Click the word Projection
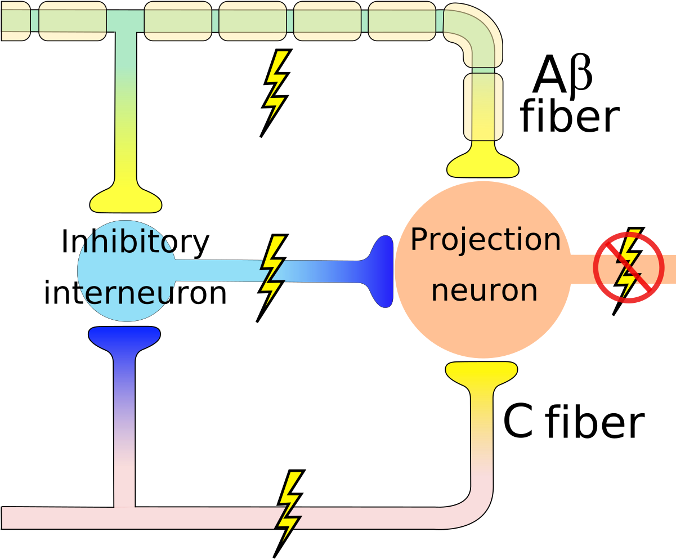click(485, 240)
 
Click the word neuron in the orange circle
click(484, 290)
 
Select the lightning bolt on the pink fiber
click(290, 507)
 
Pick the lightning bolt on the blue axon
click(272, 271)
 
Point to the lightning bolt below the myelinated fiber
click(276, 86)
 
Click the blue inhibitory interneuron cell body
click(127, 271)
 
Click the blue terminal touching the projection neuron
click(382, 271)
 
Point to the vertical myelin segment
click(483, 107)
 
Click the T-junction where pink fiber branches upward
click(124, 515)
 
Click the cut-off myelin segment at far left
click(15, 21)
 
